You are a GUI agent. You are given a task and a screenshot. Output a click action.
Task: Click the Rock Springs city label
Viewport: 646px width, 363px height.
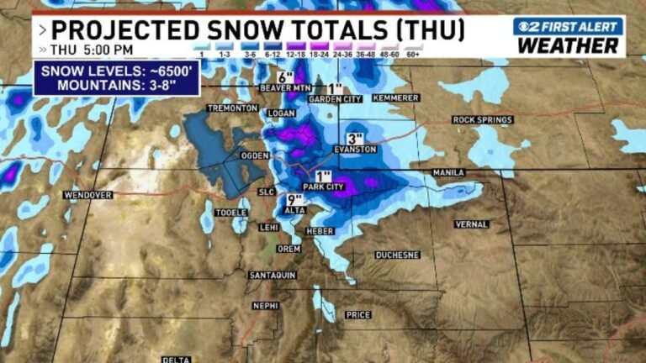click(483, 120)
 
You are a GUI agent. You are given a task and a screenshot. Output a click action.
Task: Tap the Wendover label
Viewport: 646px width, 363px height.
click(87, 195)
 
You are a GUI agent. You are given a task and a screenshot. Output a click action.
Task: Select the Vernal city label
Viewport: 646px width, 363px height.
click(471, 224)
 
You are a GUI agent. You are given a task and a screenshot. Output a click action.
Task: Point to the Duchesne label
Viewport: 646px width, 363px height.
click(397, 254)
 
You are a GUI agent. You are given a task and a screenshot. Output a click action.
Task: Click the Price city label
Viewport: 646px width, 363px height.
click(357, 315)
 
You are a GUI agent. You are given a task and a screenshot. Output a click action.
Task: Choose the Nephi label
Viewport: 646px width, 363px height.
click(265, 305)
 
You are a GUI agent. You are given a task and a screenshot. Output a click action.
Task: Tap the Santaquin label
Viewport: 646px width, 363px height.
click(273, 276)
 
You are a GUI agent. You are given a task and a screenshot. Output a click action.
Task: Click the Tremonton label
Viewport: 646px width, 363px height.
click(231, 108)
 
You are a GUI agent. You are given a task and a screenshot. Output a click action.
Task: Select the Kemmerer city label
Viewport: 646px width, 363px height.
click(394, 98)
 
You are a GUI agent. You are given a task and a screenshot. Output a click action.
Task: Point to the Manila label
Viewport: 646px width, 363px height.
click(448, 172)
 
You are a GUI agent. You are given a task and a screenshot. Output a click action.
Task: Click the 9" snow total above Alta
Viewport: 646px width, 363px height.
click(294, 199)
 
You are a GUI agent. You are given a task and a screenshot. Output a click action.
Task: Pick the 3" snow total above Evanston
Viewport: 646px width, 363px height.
click(355, 138)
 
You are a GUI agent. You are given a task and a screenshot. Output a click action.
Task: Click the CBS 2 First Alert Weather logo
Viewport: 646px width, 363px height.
click(569, 35)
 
